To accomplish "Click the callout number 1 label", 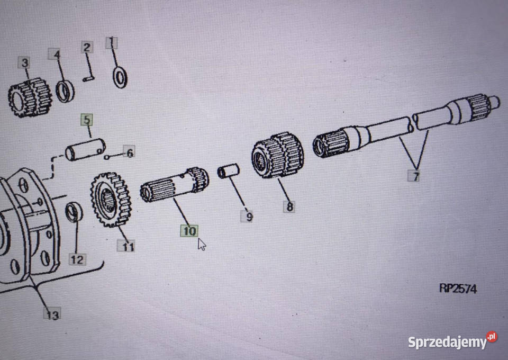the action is click(x=112, y=43).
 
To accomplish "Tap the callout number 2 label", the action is click(x=87, y=47).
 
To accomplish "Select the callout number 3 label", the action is click(x=24, y=62).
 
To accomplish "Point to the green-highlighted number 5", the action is click(x=87, y=120).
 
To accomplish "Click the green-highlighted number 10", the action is click(x=189, y=231).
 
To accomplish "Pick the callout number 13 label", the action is click(x=52, y=314).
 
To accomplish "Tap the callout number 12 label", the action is click(x=77, y=259).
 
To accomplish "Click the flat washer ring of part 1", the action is click(x=120, y=77).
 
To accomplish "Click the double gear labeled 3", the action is click(x=30, y=97).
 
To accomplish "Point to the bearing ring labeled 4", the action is click(x=65, y=91).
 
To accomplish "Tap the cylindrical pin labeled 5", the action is click(x=85, y=149).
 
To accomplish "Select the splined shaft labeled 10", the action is click(x=174, y=185).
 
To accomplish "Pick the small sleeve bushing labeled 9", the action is click(x=229, y=171).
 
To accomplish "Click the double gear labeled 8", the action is click(x=278, y=155).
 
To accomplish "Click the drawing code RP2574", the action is click(x=458, y=288).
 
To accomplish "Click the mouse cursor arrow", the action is click(x=202, y=244).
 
